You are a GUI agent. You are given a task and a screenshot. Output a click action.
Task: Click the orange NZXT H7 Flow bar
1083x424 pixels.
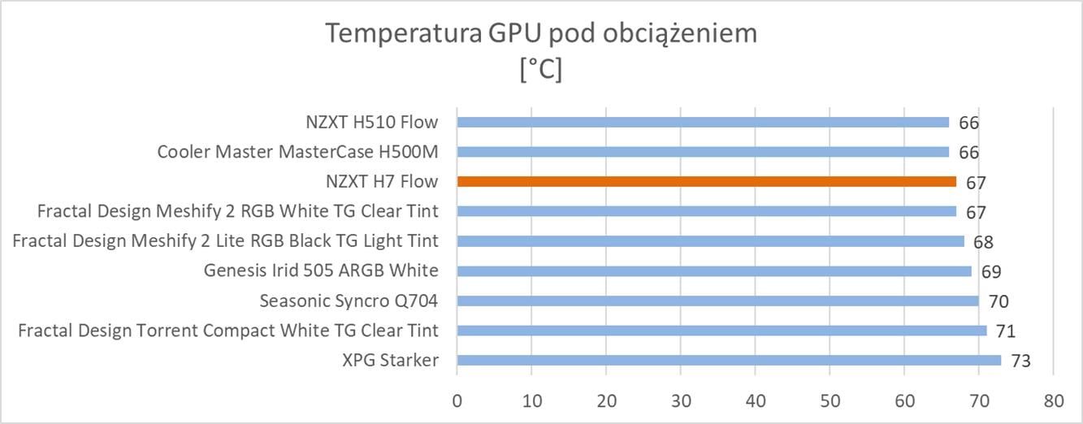click(x=707, y=182)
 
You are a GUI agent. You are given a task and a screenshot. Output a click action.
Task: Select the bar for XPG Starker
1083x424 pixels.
click(x=729, y=361)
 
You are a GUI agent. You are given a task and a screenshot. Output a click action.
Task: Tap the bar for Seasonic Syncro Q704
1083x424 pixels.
click(x=717, y=301)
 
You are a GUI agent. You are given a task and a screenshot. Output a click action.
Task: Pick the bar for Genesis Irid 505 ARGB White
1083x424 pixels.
click(x=714, y=271)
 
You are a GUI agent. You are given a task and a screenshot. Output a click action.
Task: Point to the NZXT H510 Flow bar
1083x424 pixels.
click(x=703, y=123)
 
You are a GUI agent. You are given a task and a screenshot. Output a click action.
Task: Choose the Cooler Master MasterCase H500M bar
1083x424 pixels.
click(x=703, y=152)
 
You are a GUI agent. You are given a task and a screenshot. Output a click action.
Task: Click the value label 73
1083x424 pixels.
click(x=1020, y=361)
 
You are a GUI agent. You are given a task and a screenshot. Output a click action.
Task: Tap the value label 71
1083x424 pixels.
click(x=1005, y=331)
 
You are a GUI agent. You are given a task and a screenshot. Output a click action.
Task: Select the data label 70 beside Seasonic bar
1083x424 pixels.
click(x=999, y=302)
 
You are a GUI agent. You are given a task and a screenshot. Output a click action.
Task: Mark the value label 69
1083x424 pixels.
click(x=990, y=272)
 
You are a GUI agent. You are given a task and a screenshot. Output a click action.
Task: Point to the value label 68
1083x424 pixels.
click(x=983, y=242)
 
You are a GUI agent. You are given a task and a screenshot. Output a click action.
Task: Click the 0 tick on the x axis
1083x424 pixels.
click(x=457, y=400)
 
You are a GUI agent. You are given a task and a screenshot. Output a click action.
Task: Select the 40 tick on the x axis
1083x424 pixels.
click(x=756, y=400)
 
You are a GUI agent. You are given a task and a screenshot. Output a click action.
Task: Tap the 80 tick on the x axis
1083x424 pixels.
click(x=1053, y=400)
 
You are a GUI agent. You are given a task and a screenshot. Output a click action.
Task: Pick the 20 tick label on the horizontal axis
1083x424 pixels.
click(x=606, y=400)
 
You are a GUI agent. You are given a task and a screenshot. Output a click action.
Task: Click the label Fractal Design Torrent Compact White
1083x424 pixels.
click(x=228, y=331)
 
